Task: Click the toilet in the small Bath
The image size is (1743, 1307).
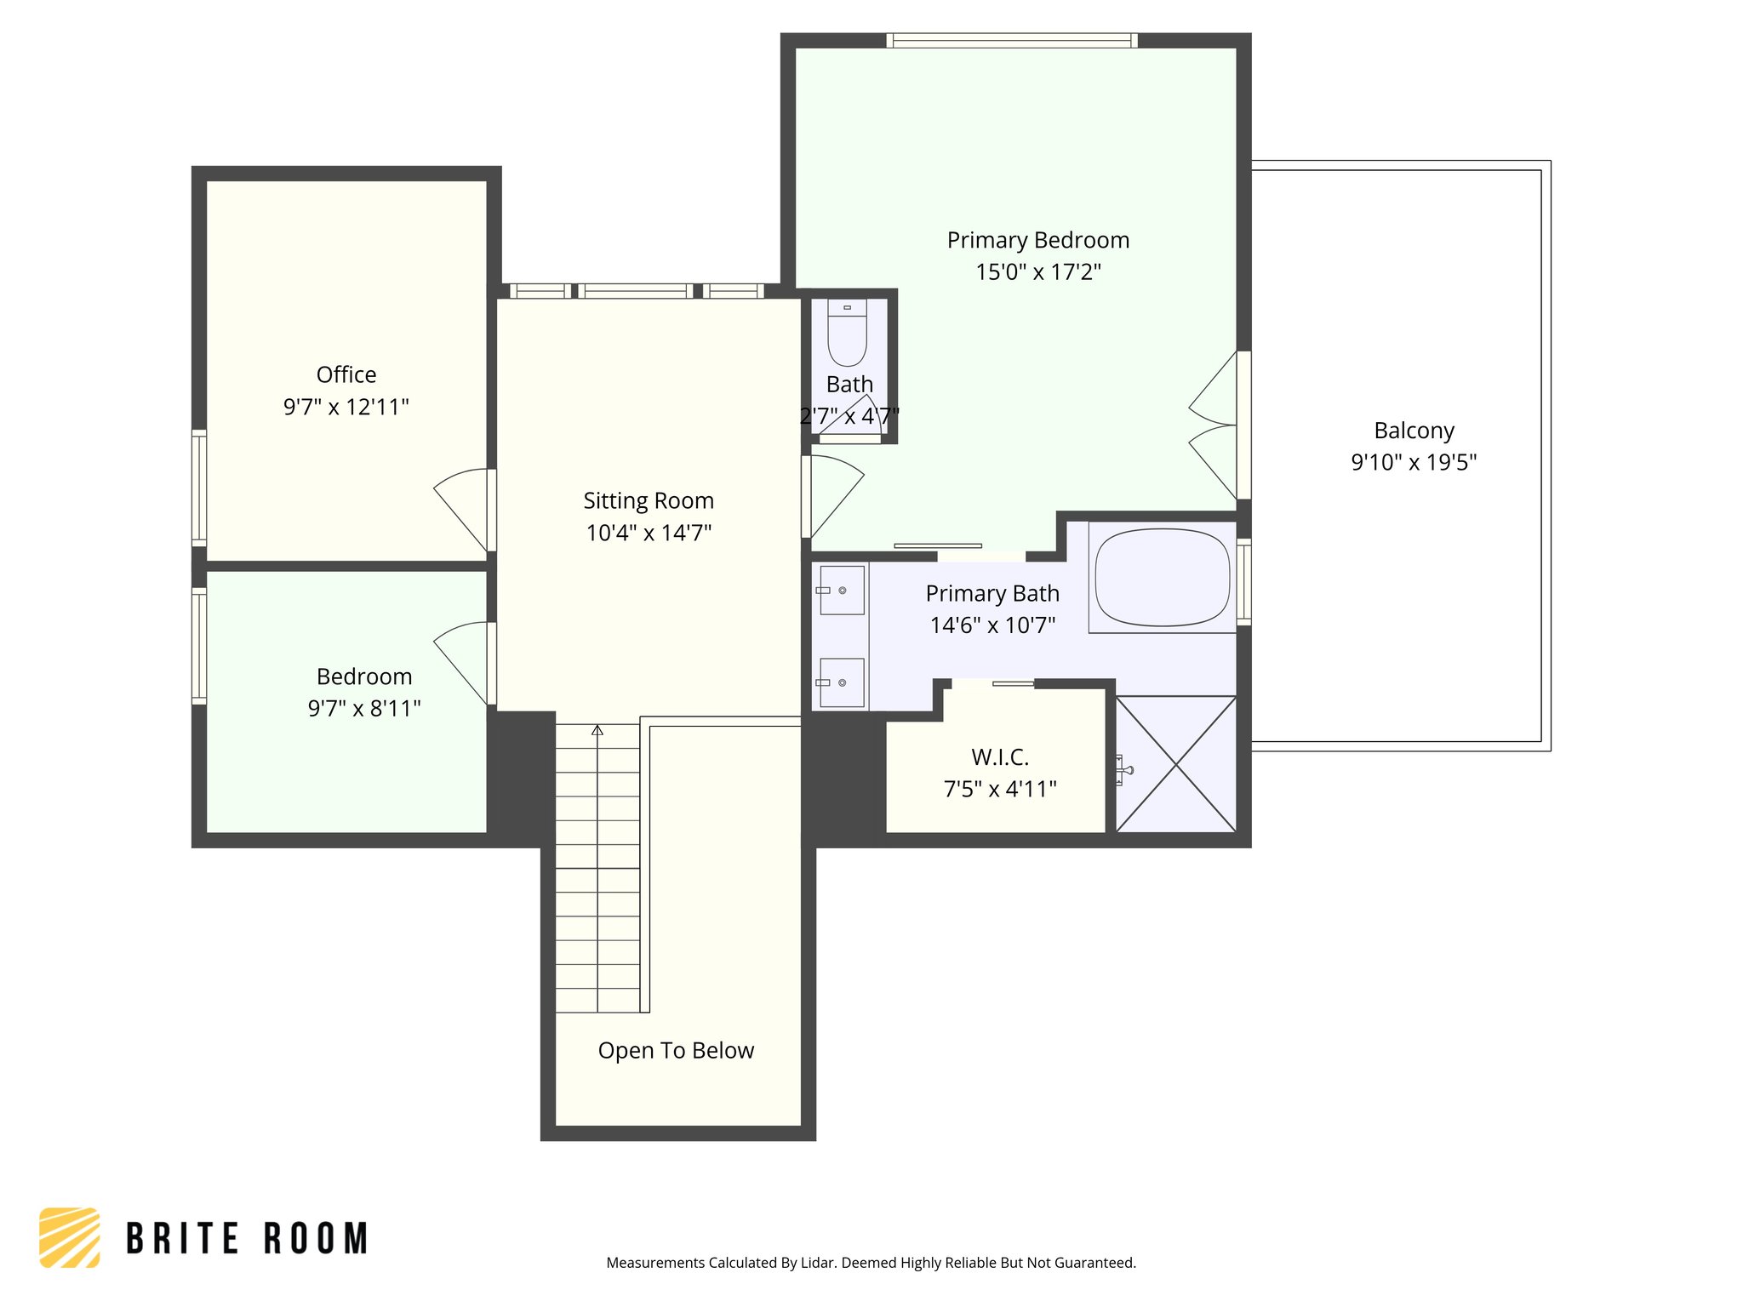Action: point(847,335)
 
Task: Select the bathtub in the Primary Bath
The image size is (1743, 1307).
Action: point(1162,579)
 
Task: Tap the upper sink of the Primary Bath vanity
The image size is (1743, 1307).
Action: point(842,590)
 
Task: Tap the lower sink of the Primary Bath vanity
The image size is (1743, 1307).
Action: point(842,682)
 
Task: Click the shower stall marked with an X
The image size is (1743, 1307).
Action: point(1175,763)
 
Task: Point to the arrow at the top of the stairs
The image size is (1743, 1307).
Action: point(597,730)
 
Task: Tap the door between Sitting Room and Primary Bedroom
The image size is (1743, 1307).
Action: point(834,494)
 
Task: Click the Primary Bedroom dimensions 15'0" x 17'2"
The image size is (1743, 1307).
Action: point(1037,272)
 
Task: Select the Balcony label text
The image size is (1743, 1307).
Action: point(1414,431)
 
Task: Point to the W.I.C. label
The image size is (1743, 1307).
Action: point(1000,756)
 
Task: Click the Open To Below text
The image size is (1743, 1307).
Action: point(676,1050)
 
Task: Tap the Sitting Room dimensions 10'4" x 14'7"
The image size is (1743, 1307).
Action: point(649,533)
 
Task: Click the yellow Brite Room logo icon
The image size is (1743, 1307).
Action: point(70,1237)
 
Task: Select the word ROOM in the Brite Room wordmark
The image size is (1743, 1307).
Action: point(316,1239)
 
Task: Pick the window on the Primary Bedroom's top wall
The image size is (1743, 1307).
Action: point(1011,40)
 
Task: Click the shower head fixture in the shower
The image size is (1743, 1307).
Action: point(1123,770)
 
